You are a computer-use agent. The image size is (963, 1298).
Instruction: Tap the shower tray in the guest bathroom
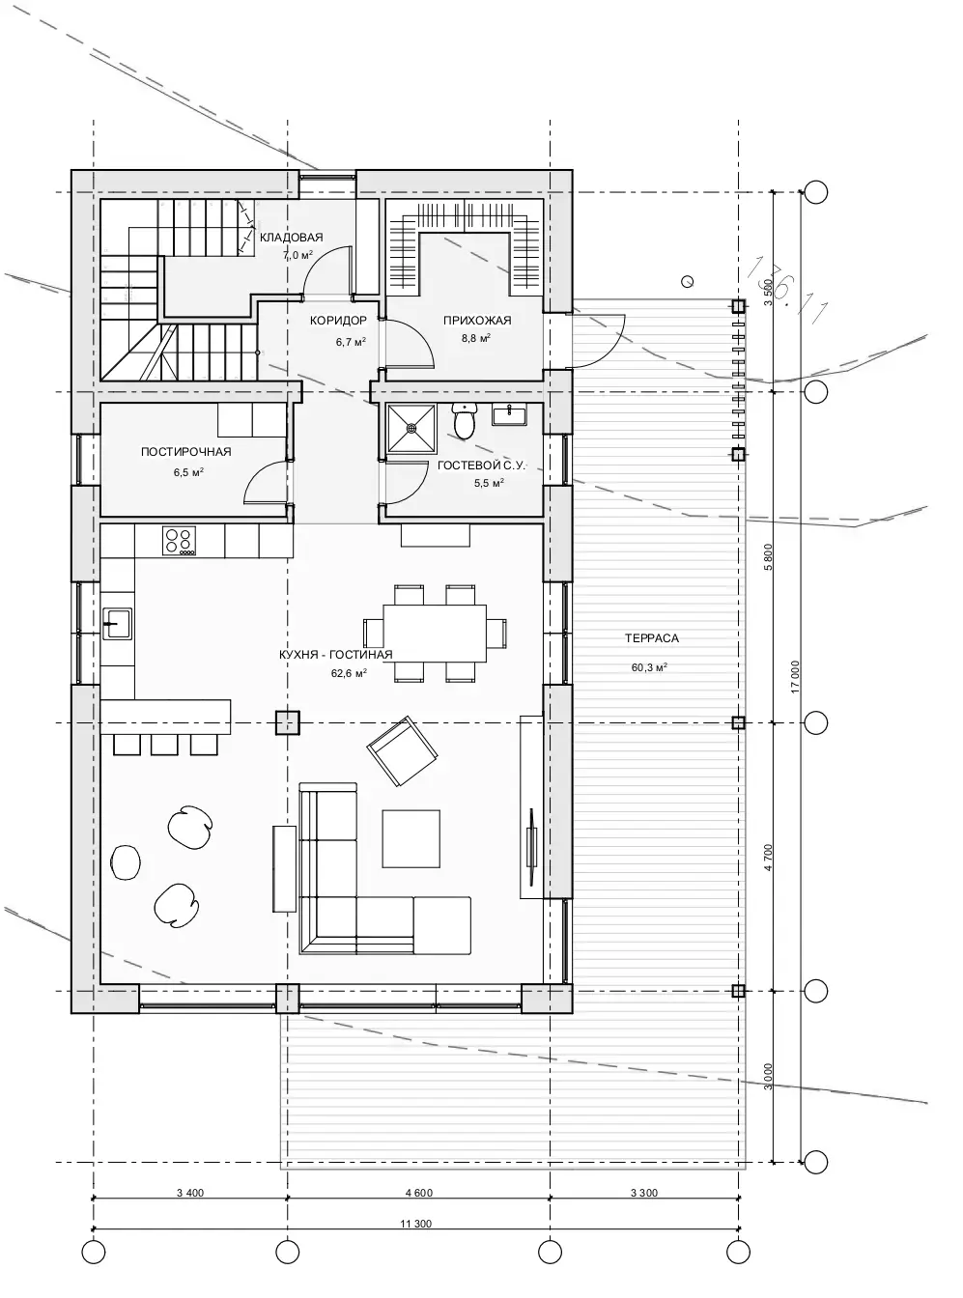411,428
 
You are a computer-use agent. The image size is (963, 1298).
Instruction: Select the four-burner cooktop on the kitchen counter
179,541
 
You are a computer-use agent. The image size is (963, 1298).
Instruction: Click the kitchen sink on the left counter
117,623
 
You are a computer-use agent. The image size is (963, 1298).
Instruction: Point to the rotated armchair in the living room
402,751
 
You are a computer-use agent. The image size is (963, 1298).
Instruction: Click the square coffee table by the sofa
411,838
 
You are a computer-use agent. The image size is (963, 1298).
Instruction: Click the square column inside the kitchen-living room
288,722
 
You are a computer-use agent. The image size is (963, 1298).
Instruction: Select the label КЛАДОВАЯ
291,237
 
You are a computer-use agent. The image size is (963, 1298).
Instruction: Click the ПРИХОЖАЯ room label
477,320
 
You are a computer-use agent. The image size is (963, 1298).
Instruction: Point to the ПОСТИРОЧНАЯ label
186,452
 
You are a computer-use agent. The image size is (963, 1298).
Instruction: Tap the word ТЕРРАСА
652,638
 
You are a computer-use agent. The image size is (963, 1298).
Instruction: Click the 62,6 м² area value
349,673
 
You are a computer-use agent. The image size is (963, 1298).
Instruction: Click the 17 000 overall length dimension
795,678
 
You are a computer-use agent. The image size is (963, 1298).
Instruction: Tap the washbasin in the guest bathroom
509,413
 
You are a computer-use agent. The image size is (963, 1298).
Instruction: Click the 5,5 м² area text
490,484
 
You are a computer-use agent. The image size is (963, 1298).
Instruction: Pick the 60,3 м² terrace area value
650,667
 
